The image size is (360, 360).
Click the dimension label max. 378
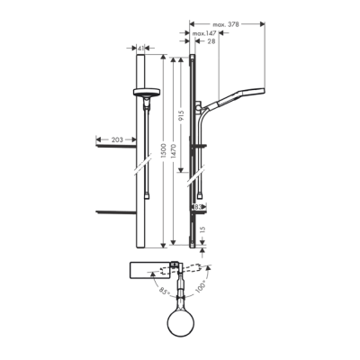225,24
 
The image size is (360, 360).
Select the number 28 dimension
211,42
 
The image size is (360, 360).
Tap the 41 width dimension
145,50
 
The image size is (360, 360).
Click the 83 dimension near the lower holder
198,206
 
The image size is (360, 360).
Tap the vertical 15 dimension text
203,229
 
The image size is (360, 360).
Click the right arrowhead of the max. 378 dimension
264,24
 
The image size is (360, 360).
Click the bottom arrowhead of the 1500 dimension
163,245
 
